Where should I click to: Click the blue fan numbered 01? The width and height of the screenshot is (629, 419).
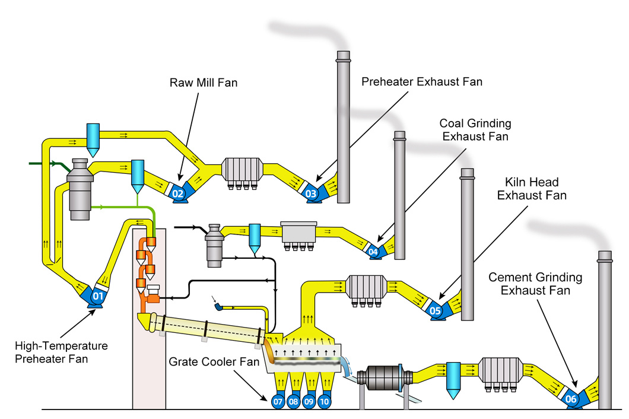(97, 294)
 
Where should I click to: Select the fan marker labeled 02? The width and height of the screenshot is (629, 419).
(178, 193)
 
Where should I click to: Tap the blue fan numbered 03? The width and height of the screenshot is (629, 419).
(310, 193)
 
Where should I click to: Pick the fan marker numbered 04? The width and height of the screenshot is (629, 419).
(373, 252)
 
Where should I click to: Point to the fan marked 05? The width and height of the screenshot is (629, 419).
(436, 310)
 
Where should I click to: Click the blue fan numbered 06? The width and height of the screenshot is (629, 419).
(570, 399)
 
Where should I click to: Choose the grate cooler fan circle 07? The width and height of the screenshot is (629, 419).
(278, 401)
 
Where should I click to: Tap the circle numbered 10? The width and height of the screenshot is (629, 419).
(324, 401)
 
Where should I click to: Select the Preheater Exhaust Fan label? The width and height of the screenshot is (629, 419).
(422, 82)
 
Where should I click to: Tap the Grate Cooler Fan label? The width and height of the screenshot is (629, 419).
(214, 361)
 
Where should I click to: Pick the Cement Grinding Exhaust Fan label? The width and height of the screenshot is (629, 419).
(535, 284)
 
